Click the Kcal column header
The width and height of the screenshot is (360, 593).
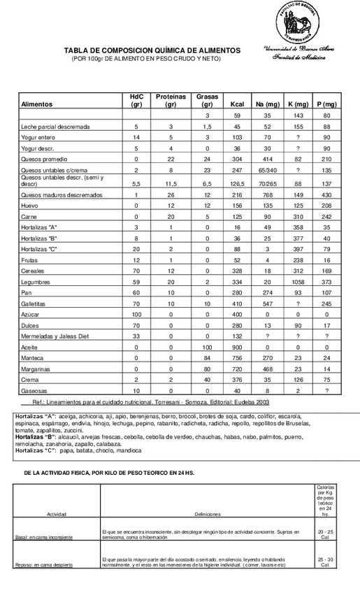coord(236,104)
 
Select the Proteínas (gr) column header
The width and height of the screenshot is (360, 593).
coord(171,100)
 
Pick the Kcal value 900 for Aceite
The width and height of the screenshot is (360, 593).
coord(236,347)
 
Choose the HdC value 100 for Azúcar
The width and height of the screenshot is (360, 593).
coord(136,315)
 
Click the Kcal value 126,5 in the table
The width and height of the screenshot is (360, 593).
coord(236,182)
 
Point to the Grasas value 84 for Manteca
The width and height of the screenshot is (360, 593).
coord(207,357)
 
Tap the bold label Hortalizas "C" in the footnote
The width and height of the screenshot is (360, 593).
coord(36,452)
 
